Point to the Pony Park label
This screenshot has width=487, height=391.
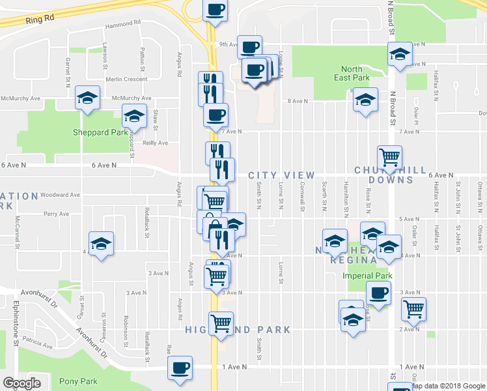(77, 381)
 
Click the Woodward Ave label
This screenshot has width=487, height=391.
(59, 194)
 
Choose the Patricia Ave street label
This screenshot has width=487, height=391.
(36, 341)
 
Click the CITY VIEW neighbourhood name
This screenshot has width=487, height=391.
(281, 176)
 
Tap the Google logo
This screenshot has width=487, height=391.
(21, 383)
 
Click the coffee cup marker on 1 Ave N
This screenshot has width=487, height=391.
(180, 366)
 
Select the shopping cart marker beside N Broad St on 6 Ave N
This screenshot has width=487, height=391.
(389, 156)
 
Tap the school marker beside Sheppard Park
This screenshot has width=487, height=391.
(134, 116)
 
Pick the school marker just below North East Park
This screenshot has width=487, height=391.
(365, 100)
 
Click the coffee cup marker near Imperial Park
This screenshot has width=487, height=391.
(378, 293)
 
